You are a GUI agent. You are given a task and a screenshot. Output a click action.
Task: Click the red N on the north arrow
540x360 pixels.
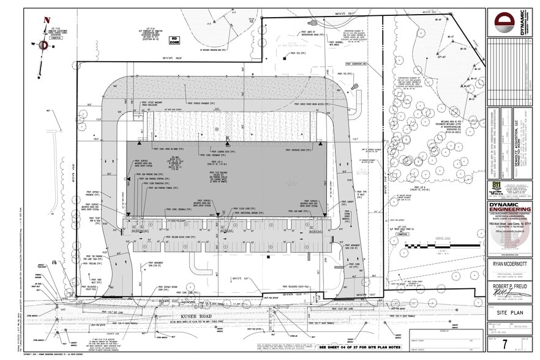tap(46, 20)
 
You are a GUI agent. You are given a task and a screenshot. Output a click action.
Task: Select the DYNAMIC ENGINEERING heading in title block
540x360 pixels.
tap(513, 208)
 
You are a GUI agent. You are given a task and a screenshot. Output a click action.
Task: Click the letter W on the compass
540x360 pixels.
tap(33, 43)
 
